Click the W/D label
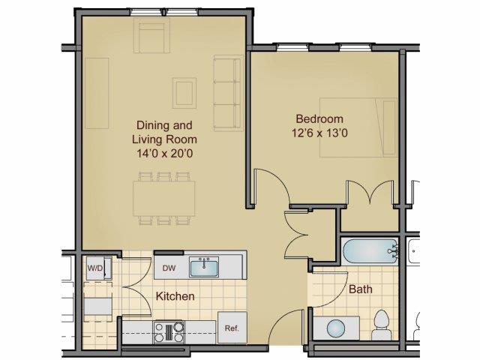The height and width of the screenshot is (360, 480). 95,267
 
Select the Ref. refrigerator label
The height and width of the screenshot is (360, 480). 231,328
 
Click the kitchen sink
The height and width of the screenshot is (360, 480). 202,266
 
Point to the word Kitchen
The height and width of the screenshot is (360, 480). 175,296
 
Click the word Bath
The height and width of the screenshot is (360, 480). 360,289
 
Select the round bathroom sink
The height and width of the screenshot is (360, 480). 337,329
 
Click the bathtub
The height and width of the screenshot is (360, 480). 368,249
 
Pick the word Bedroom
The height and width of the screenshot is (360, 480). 319,118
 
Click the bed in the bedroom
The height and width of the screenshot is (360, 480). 358,127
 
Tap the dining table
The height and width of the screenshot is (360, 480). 164,199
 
